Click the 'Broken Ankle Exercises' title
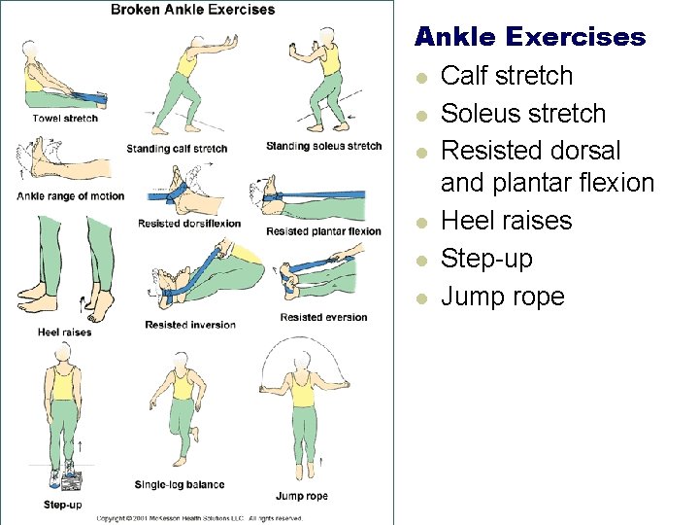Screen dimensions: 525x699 pos(192,10)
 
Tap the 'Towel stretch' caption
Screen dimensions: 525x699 pos(65,119)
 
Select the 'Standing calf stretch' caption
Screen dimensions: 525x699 pos(177,149)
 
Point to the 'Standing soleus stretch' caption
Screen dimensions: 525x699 pos(323,147)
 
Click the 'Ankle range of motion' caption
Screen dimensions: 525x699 pos(71,196)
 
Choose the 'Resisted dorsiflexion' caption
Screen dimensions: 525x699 pos(189,224)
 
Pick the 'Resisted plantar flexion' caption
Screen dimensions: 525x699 pos(323,231)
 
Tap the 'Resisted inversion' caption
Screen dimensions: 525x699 pos(190,325)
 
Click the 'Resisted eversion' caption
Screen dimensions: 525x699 pos(323,317)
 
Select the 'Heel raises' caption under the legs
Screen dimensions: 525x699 pos(65,332)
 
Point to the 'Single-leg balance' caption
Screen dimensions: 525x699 pos(180,484)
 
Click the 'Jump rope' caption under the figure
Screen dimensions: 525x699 pos(302,496)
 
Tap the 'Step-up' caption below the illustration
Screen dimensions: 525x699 pos(62,505)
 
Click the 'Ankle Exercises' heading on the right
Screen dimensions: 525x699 pos(529,38)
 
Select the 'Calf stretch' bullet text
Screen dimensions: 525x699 pos(507,76)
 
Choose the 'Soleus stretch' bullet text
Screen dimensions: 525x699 pos(523,114)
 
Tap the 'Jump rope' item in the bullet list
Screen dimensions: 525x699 pos(502,297)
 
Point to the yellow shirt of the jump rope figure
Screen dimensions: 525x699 pos(304,392)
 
